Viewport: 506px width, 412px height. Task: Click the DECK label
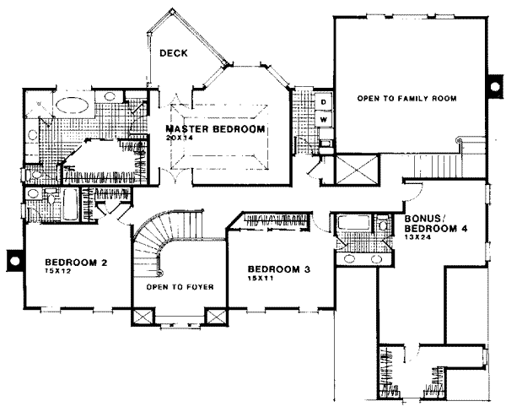pyautogui.click(x=174, y=53)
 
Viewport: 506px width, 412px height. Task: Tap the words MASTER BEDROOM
pyautogui.click(x=216, y=129)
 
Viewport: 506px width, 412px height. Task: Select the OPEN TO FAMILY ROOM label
pyautogui.click(x=406, y=99)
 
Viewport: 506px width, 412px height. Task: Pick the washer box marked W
pyautogui.click(x=323, y=120)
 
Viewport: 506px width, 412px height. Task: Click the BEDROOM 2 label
pyautogui.click(x=76, y=262)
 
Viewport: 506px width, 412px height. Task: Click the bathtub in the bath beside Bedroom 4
pyautogui.click(x=349, y=225)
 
